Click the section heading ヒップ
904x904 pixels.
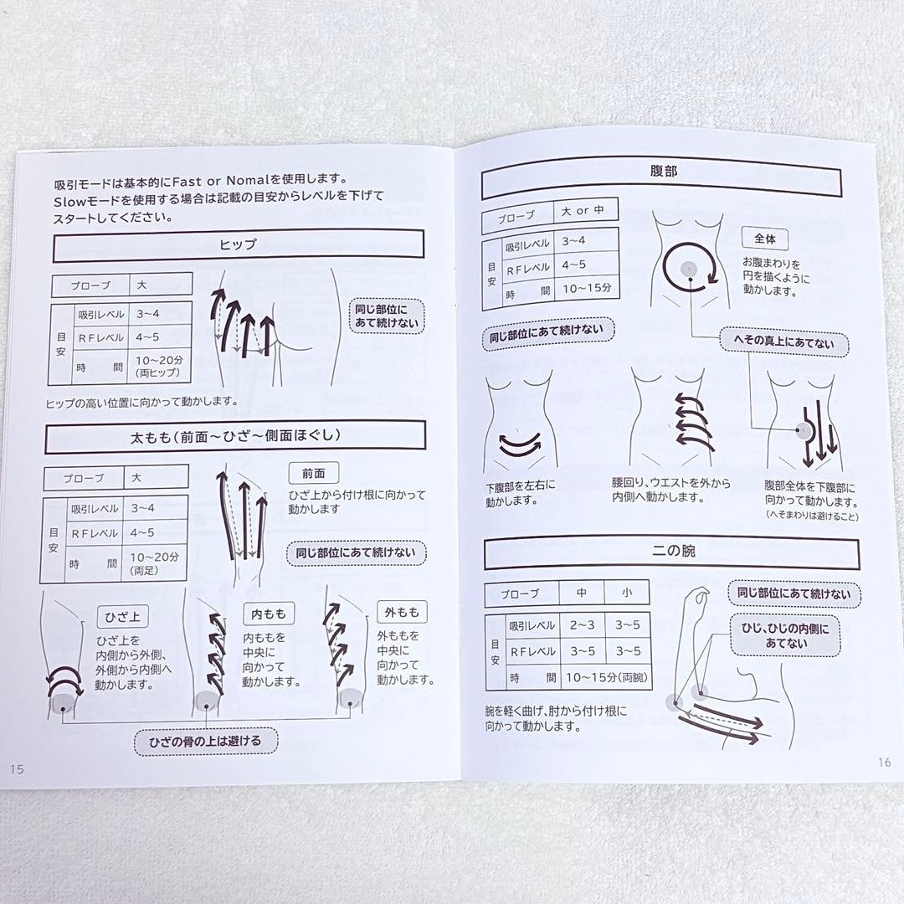(x=238, y=244)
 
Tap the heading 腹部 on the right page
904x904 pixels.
(x=663, y=172)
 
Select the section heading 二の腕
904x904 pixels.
(x=673, y=551)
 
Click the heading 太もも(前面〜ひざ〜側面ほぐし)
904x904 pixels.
(x=235, y=436)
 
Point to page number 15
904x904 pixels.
(x=17, y=769)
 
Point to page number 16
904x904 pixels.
(x=885, y=763)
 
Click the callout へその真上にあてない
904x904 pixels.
(x=783, y=342)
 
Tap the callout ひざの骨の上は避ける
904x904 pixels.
(x=206, y=742)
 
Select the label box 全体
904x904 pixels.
(x=765, y=239)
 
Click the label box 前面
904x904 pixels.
(x=314, y=473)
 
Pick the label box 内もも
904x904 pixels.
(x=269, y=614)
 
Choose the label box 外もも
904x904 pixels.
(x=402, y=612)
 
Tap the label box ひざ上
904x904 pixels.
(x=122, y=617)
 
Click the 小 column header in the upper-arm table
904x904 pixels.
(x=627, y=593)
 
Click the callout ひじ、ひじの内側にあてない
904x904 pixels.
(x=785, y=635)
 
